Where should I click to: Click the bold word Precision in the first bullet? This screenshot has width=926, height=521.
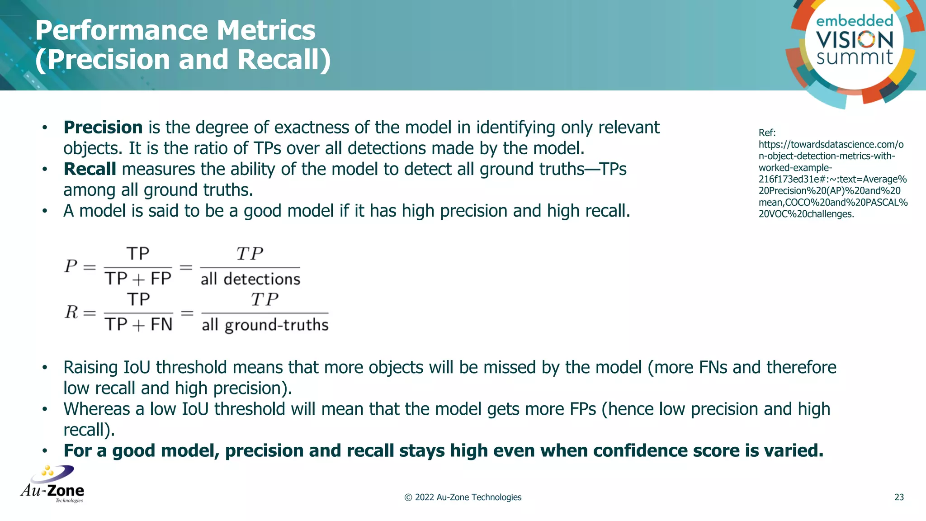pyautogui.click(x=103, y=128)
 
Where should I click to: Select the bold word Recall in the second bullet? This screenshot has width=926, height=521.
pyautogui.click(x=90, y=169)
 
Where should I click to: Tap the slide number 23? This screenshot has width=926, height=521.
pyautogui.click(x=899, y=497)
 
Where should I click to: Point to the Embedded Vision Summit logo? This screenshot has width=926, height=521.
pyautogui.click(x=854, y=43)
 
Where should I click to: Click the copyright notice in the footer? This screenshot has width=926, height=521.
pyautogui.click(x=463, y=497)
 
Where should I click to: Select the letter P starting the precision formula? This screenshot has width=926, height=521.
pyautogui.click(x=71, y=266)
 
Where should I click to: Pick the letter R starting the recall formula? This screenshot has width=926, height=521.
pyautogui.click(x=71, y=312)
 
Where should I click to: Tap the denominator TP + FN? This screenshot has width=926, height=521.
pyautogui.click(x=138, y=325)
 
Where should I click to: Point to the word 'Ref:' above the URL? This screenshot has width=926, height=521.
pyautogui.click(x=767, y=133)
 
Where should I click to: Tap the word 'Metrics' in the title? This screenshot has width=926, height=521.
pyautogui.click(x=265, y=30)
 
